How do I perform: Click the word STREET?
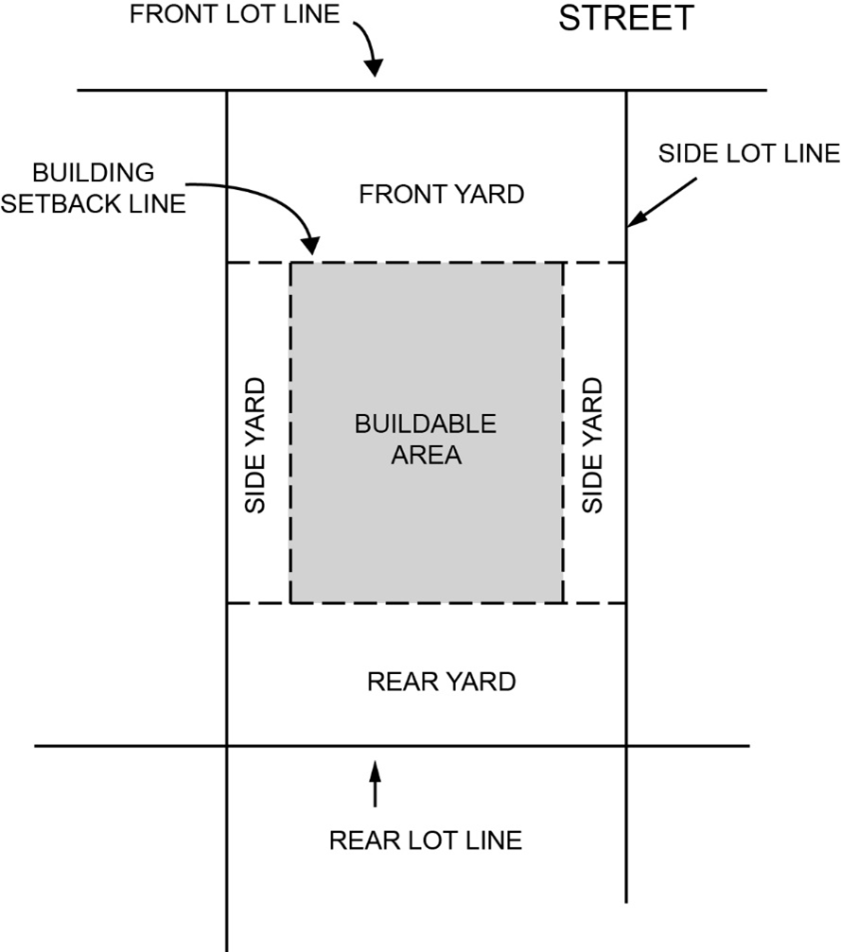coord(625,18)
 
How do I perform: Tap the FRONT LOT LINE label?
coord(234,15)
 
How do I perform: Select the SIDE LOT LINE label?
coord(748,153)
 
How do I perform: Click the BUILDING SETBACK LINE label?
coord(93,188)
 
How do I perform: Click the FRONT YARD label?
coord(441,195)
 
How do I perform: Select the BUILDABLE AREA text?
coord(425,439)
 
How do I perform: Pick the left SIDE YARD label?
coord(256,445)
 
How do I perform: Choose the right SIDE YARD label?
coord(593,445)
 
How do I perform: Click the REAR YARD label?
coord(441,681)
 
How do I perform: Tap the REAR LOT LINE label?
coord(425,839)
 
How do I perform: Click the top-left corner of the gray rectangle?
coord(291,263)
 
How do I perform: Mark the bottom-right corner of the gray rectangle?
coord(563,602)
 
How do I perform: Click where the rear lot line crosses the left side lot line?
coord(227,746)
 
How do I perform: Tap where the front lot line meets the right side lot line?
coord(626,91)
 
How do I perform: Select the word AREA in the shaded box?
coord(426,455)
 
